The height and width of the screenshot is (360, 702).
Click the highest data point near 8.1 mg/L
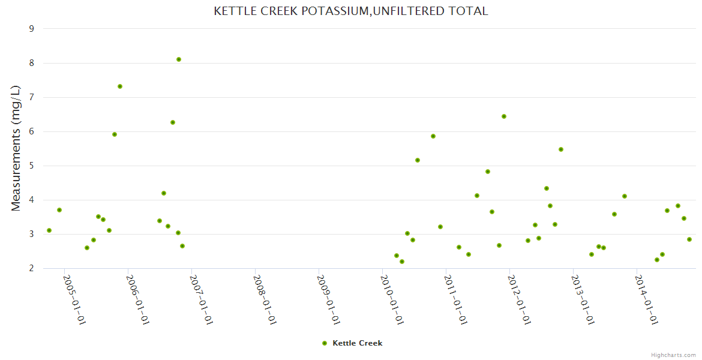pyautogui.click(x=179, y=59)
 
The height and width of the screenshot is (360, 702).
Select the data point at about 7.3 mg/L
pyautogui.click(x=120, y=86)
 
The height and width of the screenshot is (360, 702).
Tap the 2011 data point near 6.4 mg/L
pyautogui.click(x=504, y=116)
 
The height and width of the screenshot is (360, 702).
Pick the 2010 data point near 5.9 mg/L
pyautogui.click(x=433, y=136)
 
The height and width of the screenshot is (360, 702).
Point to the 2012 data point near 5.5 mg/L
pyautogui.click(x=561, y=149)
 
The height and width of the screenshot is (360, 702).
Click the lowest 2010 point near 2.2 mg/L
pyautogui.click(x=402, y=262)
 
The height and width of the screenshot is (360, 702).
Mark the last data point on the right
pyautogui.click(x=689, y=239)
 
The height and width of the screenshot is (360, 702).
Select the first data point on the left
pyautogui.click(x=49, y=230)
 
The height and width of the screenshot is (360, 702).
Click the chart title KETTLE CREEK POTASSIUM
pyautogui.click(x=351, y=11)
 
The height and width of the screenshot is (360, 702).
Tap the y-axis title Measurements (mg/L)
pyautogui.click(x=16, y=148)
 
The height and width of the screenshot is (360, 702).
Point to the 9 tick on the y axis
pyautogui.click(x=31, y=29)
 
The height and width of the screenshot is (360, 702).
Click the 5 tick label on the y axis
pyautogui.click(x=31, y=166)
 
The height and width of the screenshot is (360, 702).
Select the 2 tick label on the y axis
pyautogui.click(x=31, y=268)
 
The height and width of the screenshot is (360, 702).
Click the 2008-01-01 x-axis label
pyautogui.click(x=265, y=300)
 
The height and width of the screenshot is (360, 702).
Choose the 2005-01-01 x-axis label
pyautogui.click(x=74, y=300)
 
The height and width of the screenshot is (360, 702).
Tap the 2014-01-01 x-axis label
pyautogui.click(x=647, y=300)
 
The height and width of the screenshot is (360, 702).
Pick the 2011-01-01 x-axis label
pyautogui.click(x=455, y=300)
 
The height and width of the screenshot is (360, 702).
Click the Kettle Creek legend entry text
pyautogui.click(x=357, y=343)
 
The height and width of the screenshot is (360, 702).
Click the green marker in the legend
pyautogui.click(x=325, y=343)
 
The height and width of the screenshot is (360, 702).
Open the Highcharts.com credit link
pyautogui.click(x=673, y=355)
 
